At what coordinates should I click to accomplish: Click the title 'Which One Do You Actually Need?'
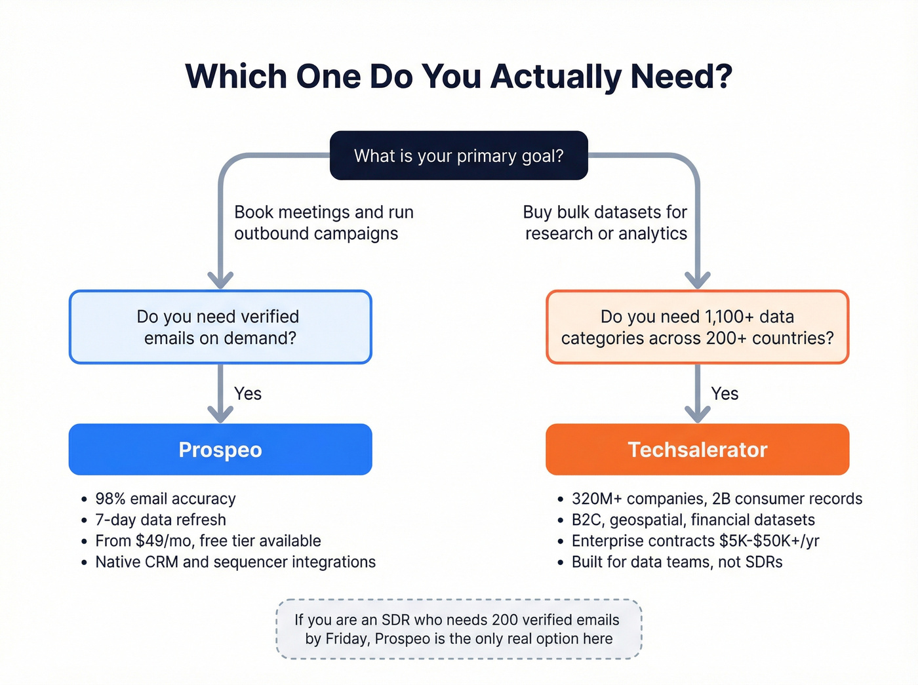(x=458, y=76)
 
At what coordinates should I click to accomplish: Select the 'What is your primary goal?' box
(x=458, y=155)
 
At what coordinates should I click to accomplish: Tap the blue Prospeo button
(x=220, y=450)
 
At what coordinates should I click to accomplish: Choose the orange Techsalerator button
(x=697, y=450)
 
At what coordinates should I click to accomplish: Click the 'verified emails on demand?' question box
(x=220, y=327)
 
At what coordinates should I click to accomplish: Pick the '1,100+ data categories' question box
(x=697, y=327)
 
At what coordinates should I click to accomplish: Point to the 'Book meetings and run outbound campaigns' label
(x=323, y=223)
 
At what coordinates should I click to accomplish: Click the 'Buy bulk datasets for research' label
(x=605, y=223)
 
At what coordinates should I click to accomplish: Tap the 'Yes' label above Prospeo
(x=248, y=393)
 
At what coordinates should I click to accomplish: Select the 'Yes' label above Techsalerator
(x=725, y=393)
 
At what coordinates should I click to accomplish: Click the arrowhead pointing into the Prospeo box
(x=220, y=414)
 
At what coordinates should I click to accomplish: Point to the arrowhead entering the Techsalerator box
(x=698, y=414)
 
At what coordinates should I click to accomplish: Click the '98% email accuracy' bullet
(x=165, y=499)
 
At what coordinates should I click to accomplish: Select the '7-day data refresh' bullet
(x=161, y=520)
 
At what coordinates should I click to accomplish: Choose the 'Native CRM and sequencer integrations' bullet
(x=235, y=562)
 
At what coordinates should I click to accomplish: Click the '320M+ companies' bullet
(x=717, y=499)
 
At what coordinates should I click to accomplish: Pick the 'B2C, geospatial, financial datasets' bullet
(x=693, y=520)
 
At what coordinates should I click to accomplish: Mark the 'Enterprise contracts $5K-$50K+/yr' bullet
(x=695, y=541)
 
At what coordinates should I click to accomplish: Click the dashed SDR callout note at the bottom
(x=458, y=629)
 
